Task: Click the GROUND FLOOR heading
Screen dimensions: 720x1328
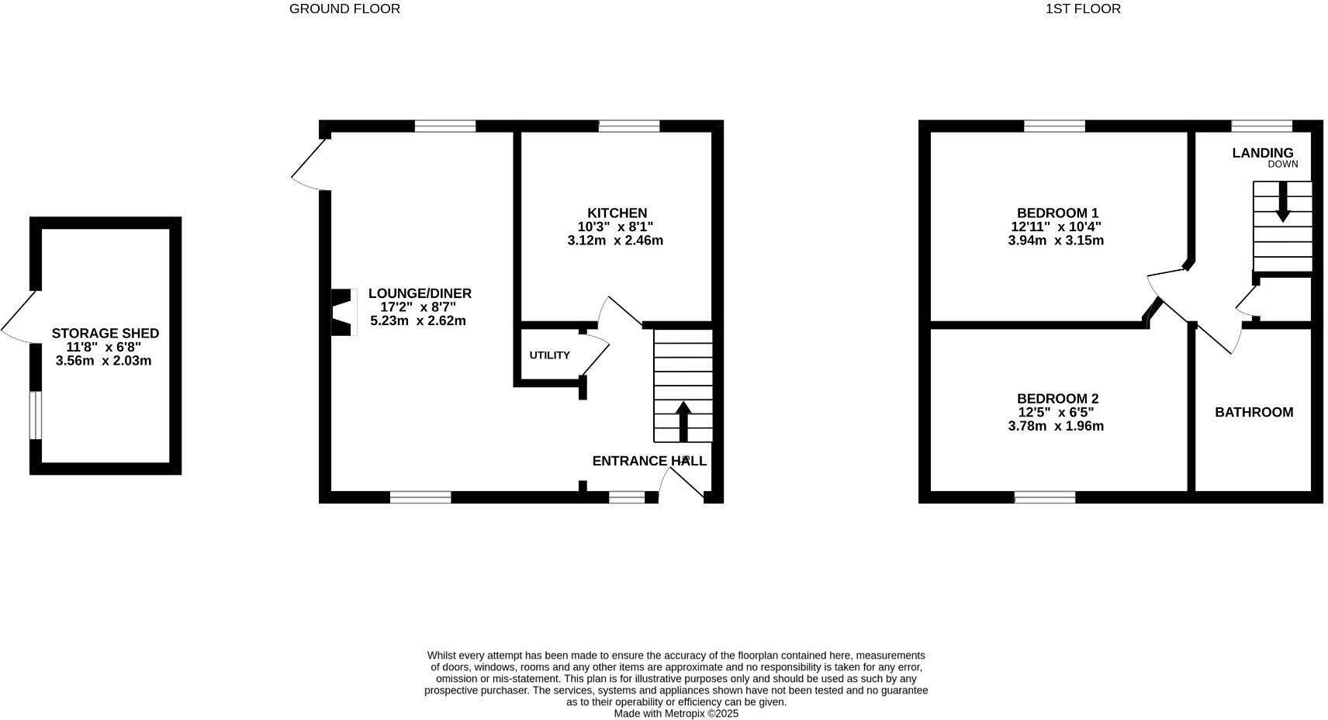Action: tap(344, 9)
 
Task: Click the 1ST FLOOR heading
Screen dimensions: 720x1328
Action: tap(1082, 9)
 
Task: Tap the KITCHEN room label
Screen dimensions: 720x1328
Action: tap(617, 213)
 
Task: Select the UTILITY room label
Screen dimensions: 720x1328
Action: tap(549, 355)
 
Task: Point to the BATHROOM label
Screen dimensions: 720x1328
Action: tap(1254, 412)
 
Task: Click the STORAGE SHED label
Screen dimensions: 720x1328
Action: tap(105, 334)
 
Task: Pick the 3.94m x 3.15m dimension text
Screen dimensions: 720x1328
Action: tap(1055, 241)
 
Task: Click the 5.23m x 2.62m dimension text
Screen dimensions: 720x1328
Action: tap(418, 320)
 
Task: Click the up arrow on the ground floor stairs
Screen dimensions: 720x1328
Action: tap(683, 421)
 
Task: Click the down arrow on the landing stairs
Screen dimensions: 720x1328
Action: tap(1282, 201)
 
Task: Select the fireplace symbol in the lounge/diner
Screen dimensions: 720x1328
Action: tap(342, 312)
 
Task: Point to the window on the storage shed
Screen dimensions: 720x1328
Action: tap(35, 415)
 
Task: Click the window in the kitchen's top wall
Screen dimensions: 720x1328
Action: tap(629, 126)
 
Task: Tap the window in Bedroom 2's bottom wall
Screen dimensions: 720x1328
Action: tap(1044, 497)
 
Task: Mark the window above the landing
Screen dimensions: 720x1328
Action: tap(1261, 126)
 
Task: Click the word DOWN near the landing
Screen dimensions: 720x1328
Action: tap(1282, 164)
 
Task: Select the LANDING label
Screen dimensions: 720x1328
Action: tap(1262, 153)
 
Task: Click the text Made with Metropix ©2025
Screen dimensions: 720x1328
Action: tap(676, 713)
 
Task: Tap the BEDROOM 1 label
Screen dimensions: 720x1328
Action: tap(1057, 213)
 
